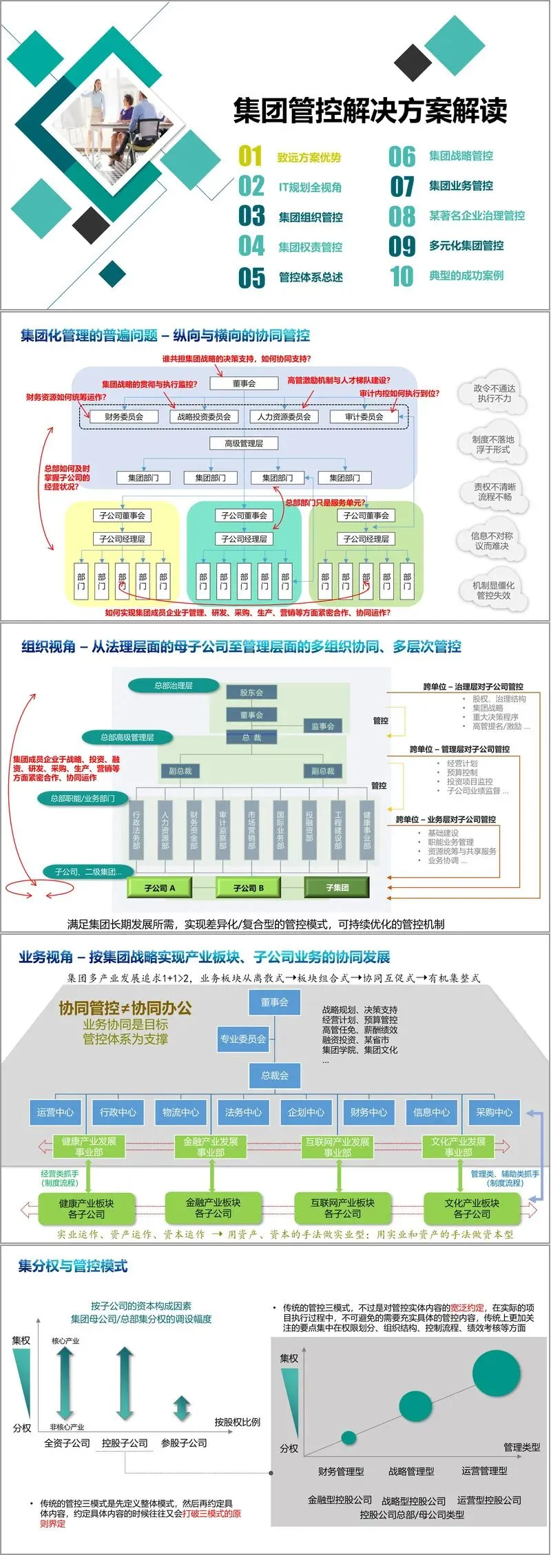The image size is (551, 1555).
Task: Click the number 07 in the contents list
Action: tap(402, 186)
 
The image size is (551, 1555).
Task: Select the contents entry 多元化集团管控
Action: tap(466, 246)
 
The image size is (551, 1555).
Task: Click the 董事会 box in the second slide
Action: tap(244, 383)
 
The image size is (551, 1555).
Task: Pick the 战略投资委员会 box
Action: tap(204, 416)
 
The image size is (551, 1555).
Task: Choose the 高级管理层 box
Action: tap(244, 443)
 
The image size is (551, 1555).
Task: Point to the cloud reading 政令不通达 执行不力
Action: tap(494, 393)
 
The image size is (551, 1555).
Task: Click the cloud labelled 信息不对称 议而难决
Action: tap(492, 540)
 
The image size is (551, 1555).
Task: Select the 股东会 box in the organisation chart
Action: tap(251, 692)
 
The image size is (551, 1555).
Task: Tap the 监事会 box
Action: tap(322, 726)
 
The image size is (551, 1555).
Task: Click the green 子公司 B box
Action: tap(249, 888)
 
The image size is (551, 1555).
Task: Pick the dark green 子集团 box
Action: tap(337, 888)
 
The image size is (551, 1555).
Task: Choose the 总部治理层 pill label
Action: tap(174, 686)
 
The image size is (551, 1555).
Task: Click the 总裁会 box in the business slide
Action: tap(275, 1075)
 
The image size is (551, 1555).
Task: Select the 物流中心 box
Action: tap(180, 1112)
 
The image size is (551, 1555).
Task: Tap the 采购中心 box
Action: tap(494, 1112)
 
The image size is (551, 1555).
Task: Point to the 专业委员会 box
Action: tap(242, 1039)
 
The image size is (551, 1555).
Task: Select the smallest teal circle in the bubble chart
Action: tap(349, 1437)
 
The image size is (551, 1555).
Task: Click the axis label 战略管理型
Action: tap(411, 1472)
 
